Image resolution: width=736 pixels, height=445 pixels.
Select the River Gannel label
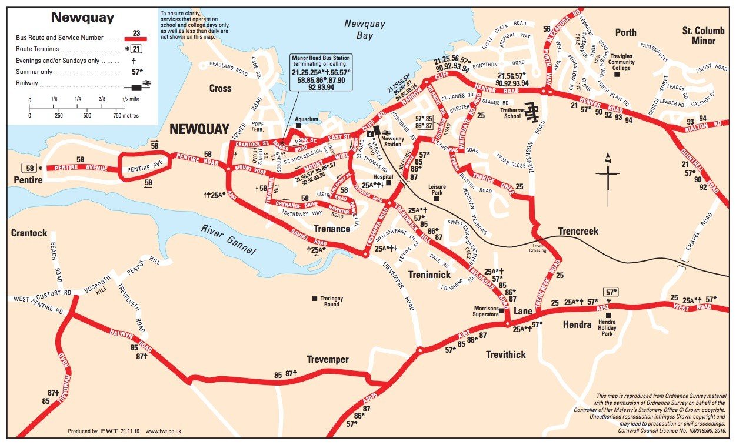click(x=228, y=240)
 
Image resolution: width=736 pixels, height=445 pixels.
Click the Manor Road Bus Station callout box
click(x=320, y=73)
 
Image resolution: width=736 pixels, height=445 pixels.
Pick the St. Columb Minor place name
click(x=699, y=36)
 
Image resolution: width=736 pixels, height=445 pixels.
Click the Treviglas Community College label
click(x=622, y=62)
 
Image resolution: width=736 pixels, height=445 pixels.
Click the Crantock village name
click(x=29, y=233)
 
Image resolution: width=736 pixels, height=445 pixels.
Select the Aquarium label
click(x=307, y=119)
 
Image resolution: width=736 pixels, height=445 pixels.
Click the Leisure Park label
click(x=436, y=189)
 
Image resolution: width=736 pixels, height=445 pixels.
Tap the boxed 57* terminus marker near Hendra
click(x=611, y=292)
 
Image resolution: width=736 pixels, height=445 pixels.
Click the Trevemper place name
click(x=328, y=359)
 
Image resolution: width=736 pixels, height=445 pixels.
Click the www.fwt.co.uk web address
click(x=163, y=431)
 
